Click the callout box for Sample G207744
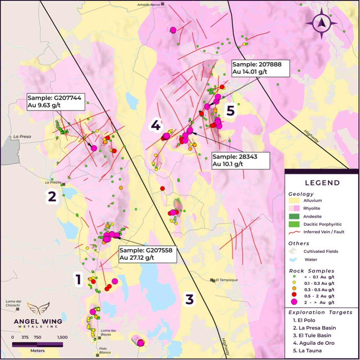click(56, 102)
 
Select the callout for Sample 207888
click(261, 68)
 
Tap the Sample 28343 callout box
click(240, 160)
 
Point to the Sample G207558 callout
click(148, 254)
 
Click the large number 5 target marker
click(230, 110)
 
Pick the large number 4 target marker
click(156, 125)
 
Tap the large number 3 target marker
click(190, 299)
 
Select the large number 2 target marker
click(52, 196)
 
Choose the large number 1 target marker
click(78, 279)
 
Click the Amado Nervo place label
click(148, 5)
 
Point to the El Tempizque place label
click(227, 280)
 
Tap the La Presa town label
click(22, 136)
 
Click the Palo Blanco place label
click(104, 350)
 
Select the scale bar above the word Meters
click(37, 345)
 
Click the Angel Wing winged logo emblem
click(38, 308)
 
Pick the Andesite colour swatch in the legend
click(294, 216)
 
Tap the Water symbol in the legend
click(293, 260)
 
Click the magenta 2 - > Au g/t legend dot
click(294, 302)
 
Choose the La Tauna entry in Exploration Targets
click(307, 351)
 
